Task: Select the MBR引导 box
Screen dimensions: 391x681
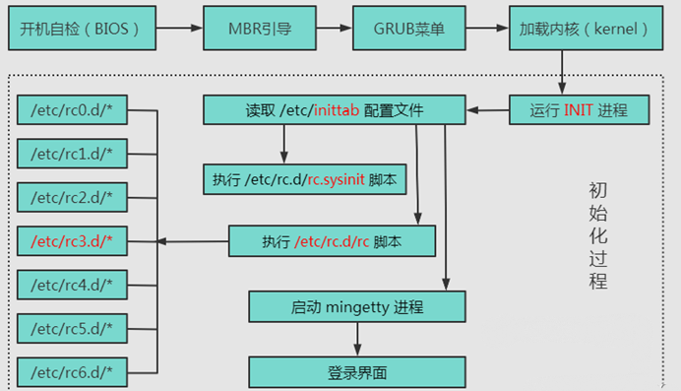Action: (250, 29)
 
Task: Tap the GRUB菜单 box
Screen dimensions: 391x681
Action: (407, 29)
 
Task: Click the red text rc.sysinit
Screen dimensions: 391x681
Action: (336, 180)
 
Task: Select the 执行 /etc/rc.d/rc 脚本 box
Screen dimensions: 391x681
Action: (331, 241)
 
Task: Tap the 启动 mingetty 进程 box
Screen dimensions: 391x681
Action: (356, 306)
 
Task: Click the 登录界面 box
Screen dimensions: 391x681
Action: (356, 372)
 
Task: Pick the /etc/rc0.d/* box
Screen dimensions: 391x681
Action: (72, 109)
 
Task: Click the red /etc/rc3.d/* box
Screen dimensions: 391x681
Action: (72, 240)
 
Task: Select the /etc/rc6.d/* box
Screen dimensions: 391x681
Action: (72, 372)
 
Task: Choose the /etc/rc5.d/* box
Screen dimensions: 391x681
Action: (72, 328)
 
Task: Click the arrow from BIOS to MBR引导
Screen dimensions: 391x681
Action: (176, 29)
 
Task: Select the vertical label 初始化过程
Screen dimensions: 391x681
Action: (597, 235)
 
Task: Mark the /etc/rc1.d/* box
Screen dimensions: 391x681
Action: (72, 154)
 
